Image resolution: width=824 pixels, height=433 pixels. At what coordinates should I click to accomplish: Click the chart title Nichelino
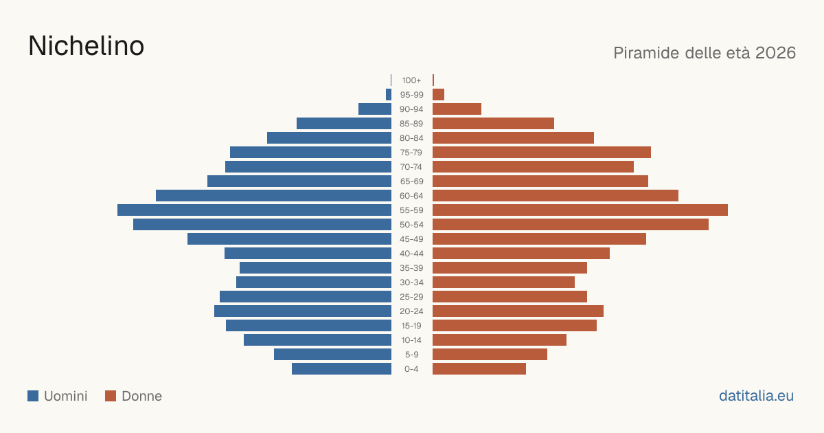(86, 46)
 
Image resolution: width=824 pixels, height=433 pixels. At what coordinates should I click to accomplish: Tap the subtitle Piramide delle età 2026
(705, 53)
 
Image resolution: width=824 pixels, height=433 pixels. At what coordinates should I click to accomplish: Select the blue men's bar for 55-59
(254, 210)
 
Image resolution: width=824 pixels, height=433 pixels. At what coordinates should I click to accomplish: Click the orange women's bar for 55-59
(580, 210)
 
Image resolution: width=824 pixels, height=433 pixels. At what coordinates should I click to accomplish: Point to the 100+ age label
(411, 80)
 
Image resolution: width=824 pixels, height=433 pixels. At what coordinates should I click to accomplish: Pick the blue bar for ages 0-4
(342, 369)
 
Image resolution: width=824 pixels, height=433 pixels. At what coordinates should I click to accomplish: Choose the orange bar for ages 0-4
(479, 369)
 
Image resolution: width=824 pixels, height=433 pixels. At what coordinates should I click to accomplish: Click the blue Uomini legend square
(33, 396)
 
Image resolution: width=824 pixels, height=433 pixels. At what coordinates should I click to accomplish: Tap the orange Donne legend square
(111, 396)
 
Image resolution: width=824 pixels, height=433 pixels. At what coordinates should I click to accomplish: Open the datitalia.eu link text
(756, 396)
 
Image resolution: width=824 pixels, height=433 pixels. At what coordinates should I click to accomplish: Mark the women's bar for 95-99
(439, 95)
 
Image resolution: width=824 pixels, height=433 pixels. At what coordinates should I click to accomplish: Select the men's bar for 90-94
(375, 109)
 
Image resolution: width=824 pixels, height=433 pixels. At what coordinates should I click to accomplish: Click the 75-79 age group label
(411, 153)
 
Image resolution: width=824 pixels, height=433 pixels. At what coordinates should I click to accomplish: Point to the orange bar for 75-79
(542, 153)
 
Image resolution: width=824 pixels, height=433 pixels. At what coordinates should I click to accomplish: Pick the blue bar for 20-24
(303, 311)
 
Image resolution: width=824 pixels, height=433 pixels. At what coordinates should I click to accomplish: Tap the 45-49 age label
(411, 239)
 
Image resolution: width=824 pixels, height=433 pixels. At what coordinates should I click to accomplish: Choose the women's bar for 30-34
(503, 282)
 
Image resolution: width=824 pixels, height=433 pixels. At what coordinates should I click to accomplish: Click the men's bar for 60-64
(274, 195)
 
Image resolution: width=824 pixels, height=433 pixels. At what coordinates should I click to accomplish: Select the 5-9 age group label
(411, 355)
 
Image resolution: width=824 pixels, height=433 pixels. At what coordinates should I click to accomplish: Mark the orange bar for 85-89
(493, 123)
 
